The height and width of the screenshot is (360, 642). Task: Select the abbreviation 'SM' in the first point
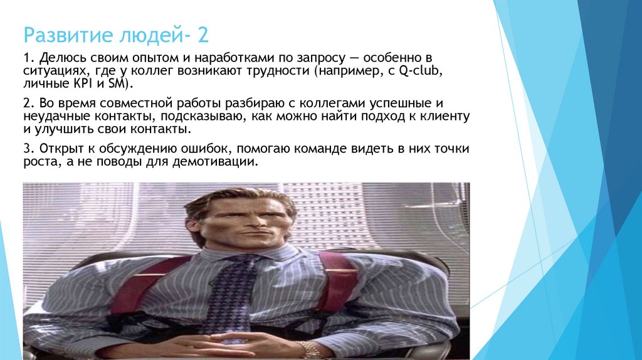pyautogui.click(x=121, y=85)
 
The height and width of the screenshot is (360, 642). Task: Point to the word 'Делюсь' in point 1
pyautogui.click(x=58, y=58)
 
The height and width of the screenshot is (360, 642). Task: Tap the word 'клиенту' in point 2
pyautogui.click(x=447, y=117)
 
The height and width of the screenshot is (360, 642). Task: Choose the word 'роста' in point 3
pyautogui.click(x=39, y=162)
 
